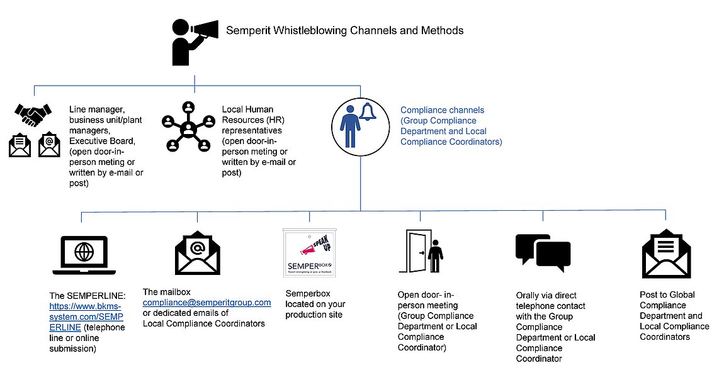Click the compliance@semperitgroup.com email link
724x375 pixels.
coord(207,303)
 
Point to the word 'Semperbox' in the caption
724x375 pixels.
coord(308,294)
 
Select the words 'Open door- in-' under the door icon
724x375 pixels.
coord(427,294)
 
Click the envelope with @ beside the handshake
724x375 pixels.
coord(50,145)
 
